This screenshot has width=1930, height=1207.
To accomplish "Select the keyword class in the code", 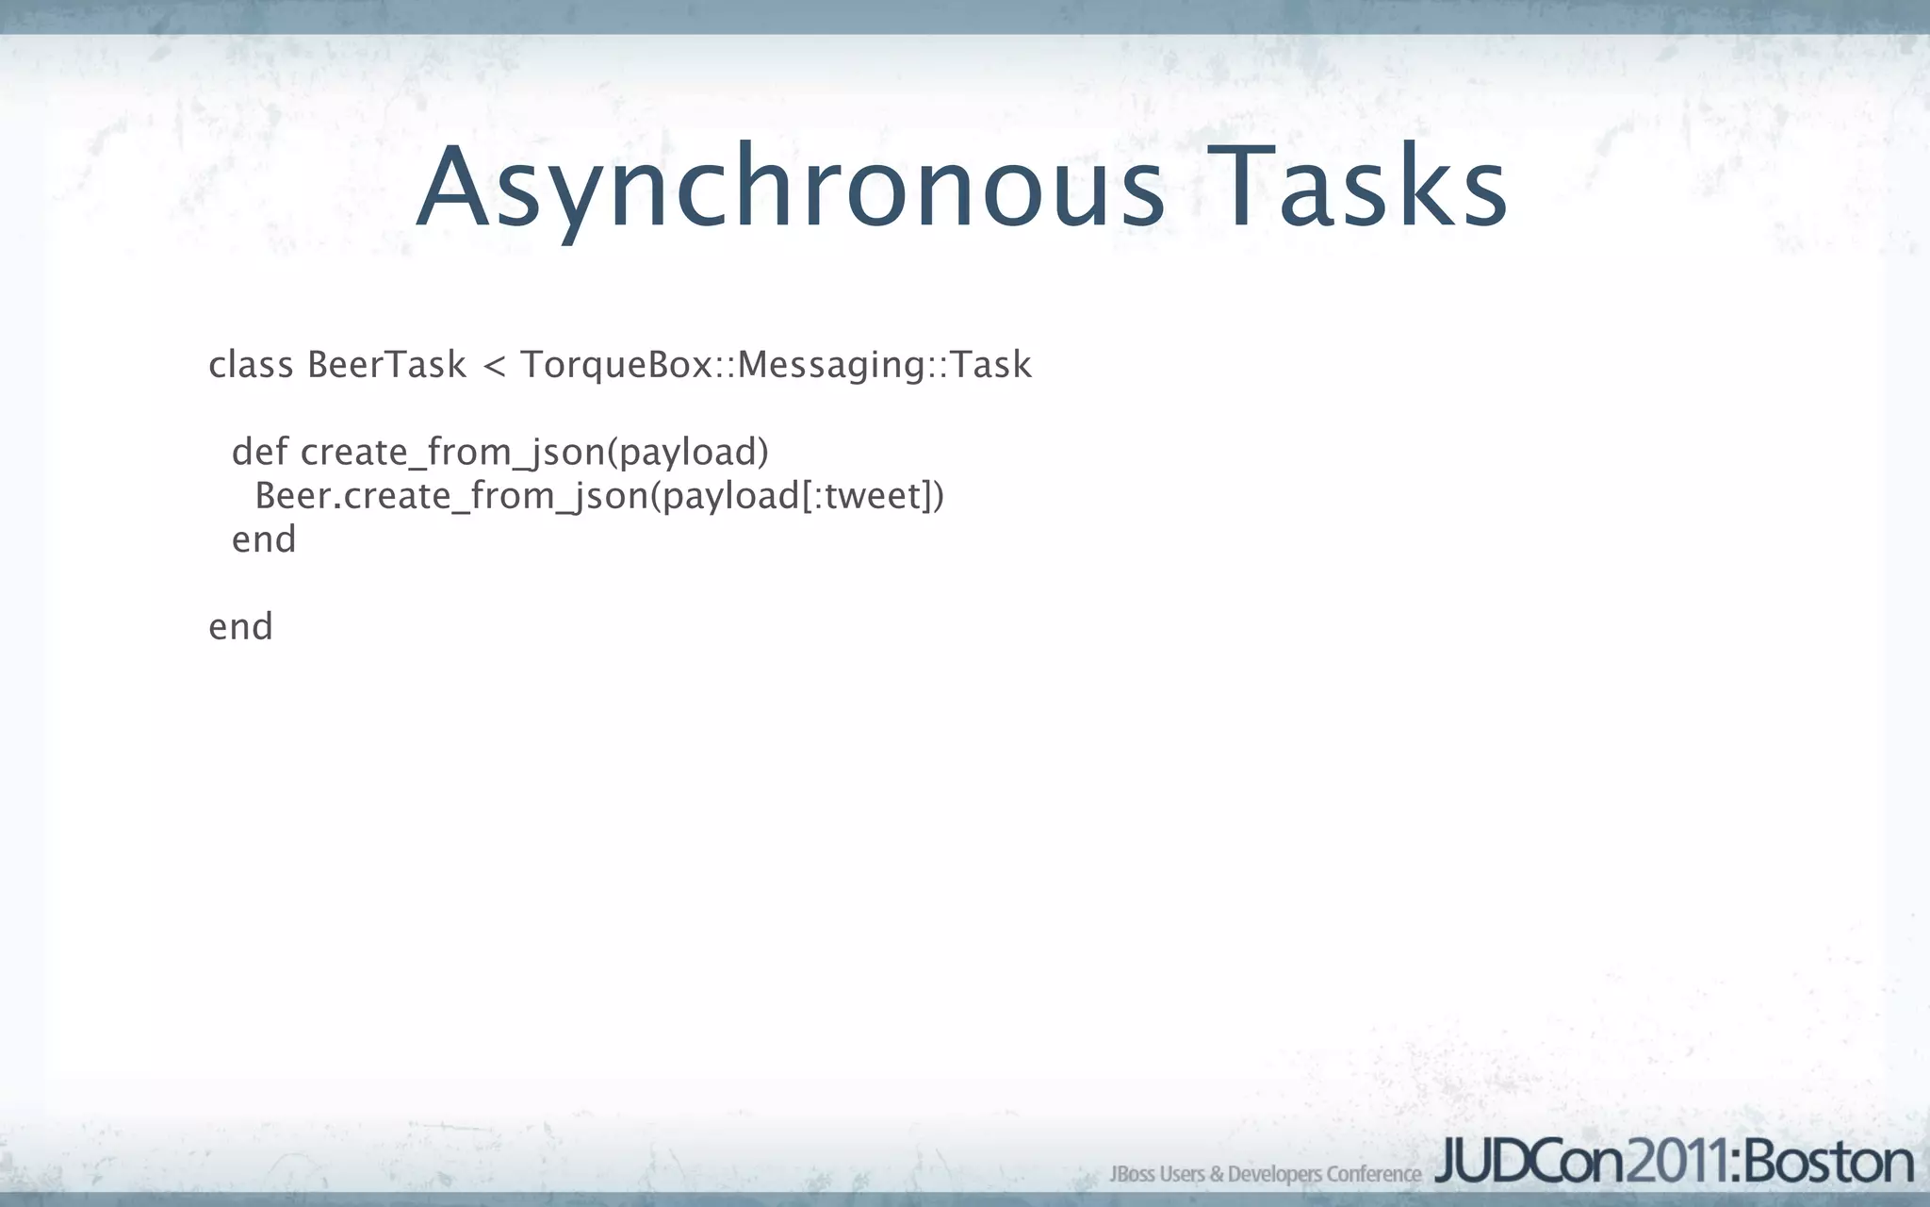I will tap(251, 365).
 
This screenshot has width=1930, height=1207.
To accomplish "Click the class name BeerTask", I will tap(386, 365).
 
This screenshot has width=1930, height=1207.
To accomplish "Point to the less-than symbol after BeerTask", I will tap(493, 366).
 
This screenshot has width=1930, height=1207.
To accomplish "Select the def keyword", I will tap(259, 452).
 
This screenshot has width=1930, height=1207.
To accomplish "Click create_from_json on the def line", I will tap(453, 454).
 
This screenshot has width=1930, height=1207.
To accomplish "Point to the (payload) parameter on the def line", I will tap(688, 454).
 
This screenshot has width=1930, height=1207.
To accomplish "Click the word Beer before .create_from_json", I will tap(292, 496).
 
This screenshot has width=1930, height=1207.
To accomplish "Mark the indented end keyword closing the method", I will tap(264, 539).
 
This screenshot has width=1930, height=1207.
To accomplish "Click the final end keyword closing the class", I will tap(240, 627).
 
